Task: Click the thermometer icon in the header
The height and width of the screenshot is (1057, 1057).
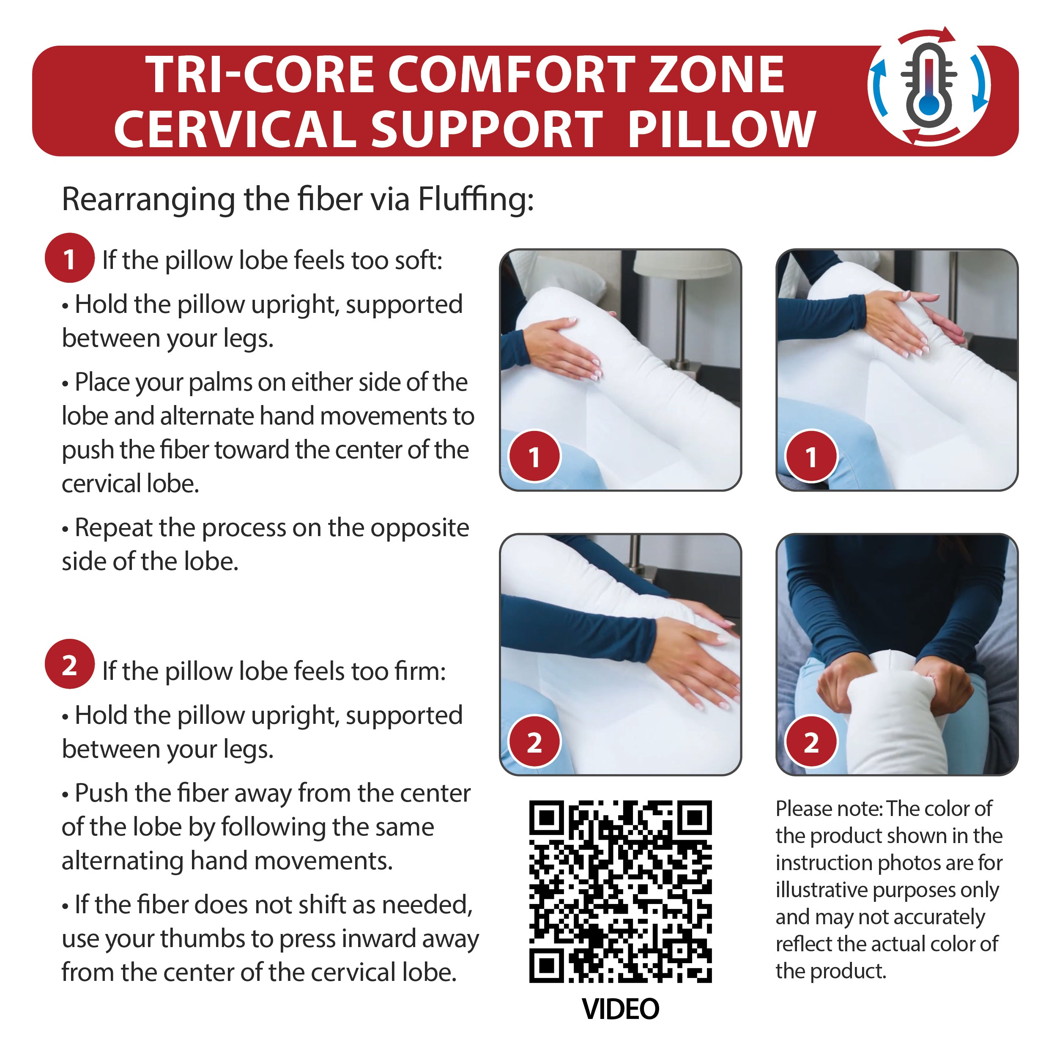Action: click(x=928, y=88)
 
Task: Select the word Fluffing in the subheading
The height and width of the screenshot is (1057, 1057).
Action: click(x=475, y=199)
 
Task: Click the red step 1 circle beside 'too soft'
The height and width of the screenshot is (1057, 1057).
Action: click(x=69, y=258)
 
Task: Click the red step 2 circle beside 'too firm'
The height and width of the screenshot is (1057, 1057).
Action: click(x=69, y=664)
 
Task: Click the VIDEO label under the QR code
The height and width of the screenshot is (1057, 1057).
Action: click(x=620, y=1009)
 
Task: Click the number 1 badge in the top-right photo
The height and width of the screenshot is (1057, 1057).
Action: click(x=811, y=456)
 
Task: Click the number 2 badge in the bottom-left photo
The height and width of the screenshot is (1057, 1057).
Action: click(x=534, y=742)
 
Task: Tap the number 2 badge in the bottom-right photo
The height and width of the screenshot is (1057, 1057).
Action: click(x=811, y=742)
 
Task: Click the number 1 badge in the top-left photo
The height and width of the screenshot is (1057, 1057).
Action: click(x=534, y=456)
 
